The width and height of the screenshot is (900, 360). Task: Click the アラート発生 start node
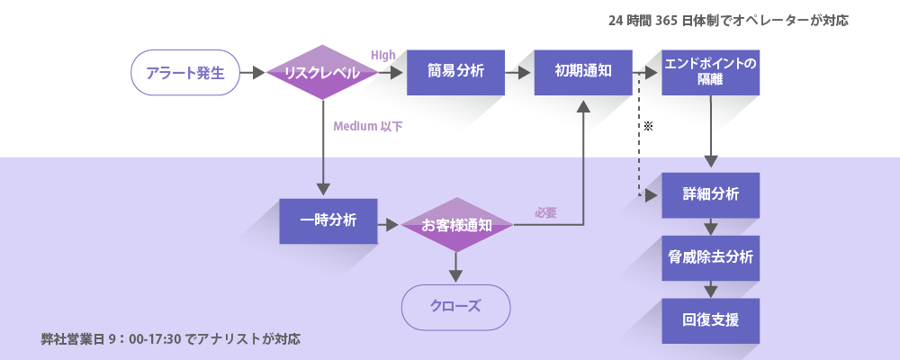[185, 73]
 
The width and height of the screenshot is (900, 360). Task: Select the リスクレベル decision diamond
[321, 73]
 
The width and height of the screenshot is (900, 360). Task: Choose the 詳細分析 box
[710, 194]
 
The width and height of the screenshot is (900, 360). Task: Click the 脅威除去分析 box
[710, 257]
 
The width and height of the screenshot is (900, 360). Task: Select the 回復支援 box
[710, 320]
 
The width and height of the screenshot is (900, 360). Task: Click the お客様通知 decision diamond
[456, 224]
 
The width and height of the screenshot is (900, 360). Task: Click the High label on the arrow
[383, 56]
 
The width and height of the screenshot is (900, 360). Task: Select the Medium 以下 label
[368, 127]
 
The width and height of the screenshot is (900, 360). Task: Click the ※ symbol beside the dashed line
[647, 127]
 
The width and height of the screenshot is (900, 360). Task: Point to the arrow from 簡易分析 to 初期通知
[518, 73]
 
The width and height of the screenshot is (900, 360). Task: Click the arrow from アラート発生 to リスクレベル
[253, 73]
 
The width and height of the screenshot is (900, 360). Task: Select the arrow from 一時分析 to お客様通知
[388, 224]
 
